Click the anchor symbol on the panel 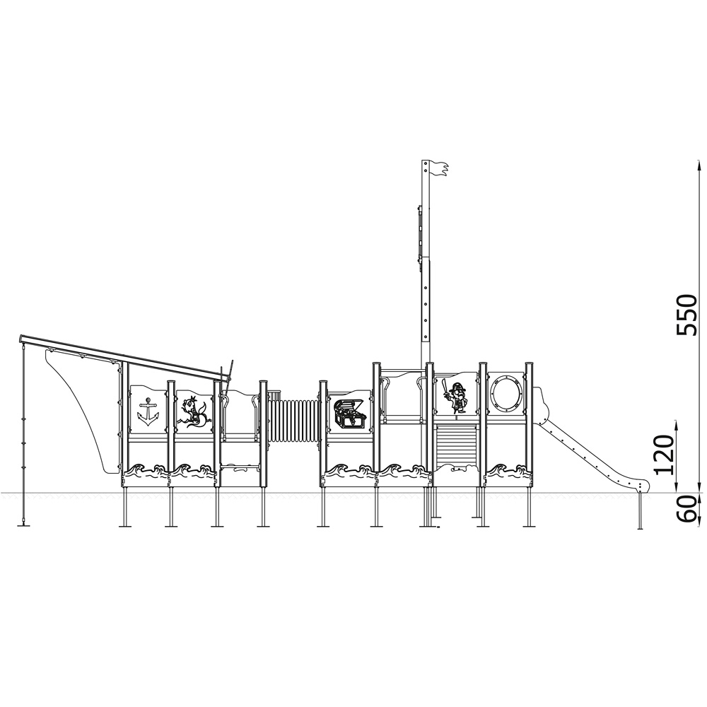[148, 411]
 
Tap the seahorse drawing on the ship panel [194, 411]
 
